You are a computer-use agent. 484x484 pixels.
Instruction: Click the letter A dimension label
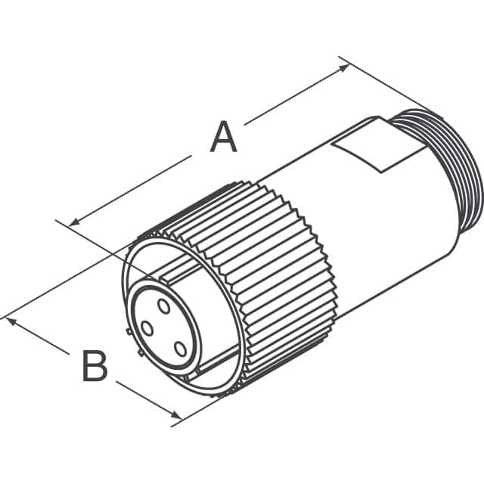coord(223,138)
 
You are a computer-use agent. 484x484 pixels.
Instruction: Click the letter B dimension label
coord(95,367)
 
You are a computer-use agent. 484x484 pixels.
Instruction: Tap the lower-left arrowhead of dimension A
coord(73,223)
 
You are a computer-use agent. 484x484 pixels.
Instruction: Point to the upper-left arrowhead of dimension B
coord(11,321)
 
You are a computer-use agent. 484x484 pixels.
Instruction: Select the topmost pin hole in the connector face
coord(164,305)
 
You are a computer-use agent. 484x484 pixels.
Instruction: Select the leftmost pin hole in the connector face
coord(147,328)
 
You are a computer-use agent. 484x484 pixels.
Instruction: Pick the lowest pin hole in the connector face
coord(180,349)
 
